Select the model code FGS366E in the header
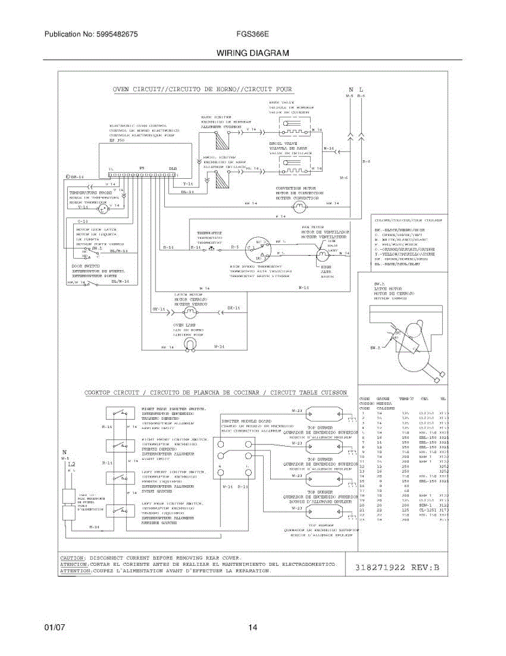pyautogui.click(x=252, y=34)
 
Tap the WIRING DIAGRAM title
pyautogui.click(x=253, y=54)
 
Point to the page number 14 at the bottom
pyautogui.click(x=253, y=628)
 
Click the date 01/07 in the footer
pyautogui.click(x=55, y=628)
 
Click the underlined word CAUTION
pyautogui.click(x=72, y=558)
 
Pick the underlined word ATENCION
pyautogui.click(x=74, y=564)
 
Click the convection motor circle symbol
pyautogui.click(x=299, y=205)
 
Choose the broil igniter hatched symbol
pyautogui.click(x=221, y=179)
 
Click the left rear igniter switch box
pyautogui.click(x=122, y=510)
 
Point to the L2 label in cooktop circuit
pyautogui.click(x=71, y=462)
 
